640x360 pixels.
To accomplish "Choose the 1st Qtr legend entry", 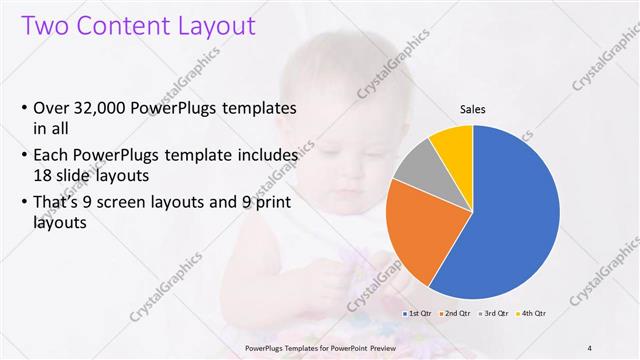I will coord(417,313).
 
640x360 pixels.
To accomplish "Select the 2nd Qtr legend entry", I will coord(456,313).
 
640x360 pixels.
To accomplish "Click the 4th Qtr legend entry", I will coord(531,313).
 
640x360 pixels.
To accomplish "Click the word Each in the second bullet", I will coord(53,156).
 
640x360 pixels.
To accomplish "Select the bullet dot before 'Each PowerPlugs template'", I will coord(24,157).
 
